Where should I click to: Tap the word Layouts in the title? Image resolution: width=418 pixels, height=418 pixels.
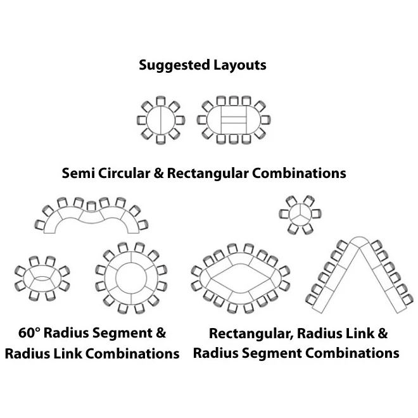(239, 65)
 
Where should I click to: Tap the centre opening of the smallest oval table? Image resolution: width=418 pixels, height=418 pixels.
(43, 277)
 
